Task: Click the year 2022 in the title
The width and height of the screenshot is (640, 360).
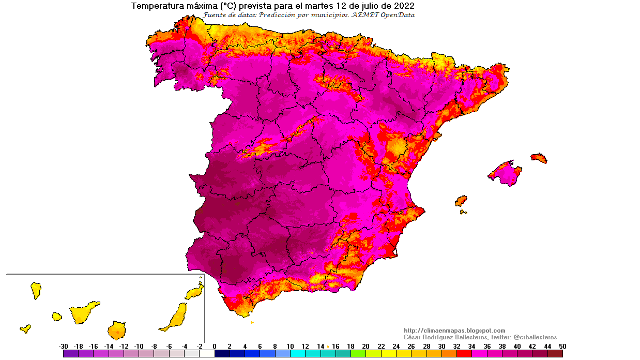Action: point(404,6)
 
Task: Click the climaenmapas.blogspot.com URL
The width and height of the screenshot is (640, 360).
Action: point(454,331)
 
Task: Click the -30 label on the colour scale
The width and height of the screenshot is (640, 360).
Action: point(63,346)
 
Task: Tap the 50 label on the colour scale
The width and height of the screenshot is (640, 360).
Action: point(562,346)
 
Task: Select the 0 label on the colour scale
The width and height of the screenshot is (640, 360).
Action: point(215,346)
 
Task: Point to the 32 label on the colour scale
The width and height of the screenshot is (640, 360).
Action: point(456,346)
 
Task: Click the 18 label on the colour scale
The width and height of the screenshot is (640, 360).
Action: point(351,346)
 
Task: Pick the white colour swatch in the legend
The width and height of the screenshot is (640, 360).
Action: point(207,354)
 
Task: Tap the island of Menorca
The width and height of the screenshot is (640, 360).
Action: point(539,157)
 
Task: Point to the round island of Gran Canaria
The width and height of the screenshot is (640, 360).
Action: point(117,329)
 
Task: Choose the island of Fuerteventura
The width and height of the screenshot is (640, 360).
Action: point(175,317)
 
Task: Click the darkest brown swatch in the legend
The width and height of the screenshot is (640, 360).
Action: point(555,354)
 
